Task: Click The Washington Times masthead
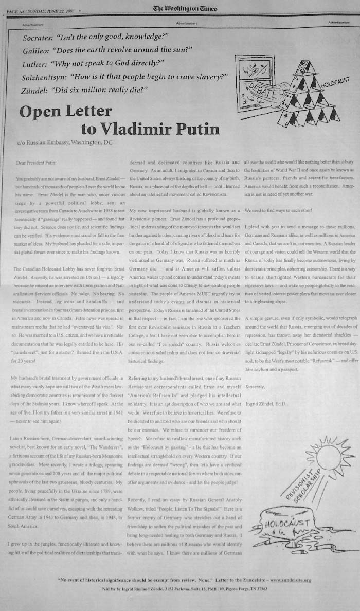coord(185,9)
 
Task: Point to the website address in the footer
coord(284,580)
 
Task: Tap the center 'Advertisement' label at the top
coord(186,23)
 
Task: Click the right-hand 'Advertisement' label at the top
coord(338,23)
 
